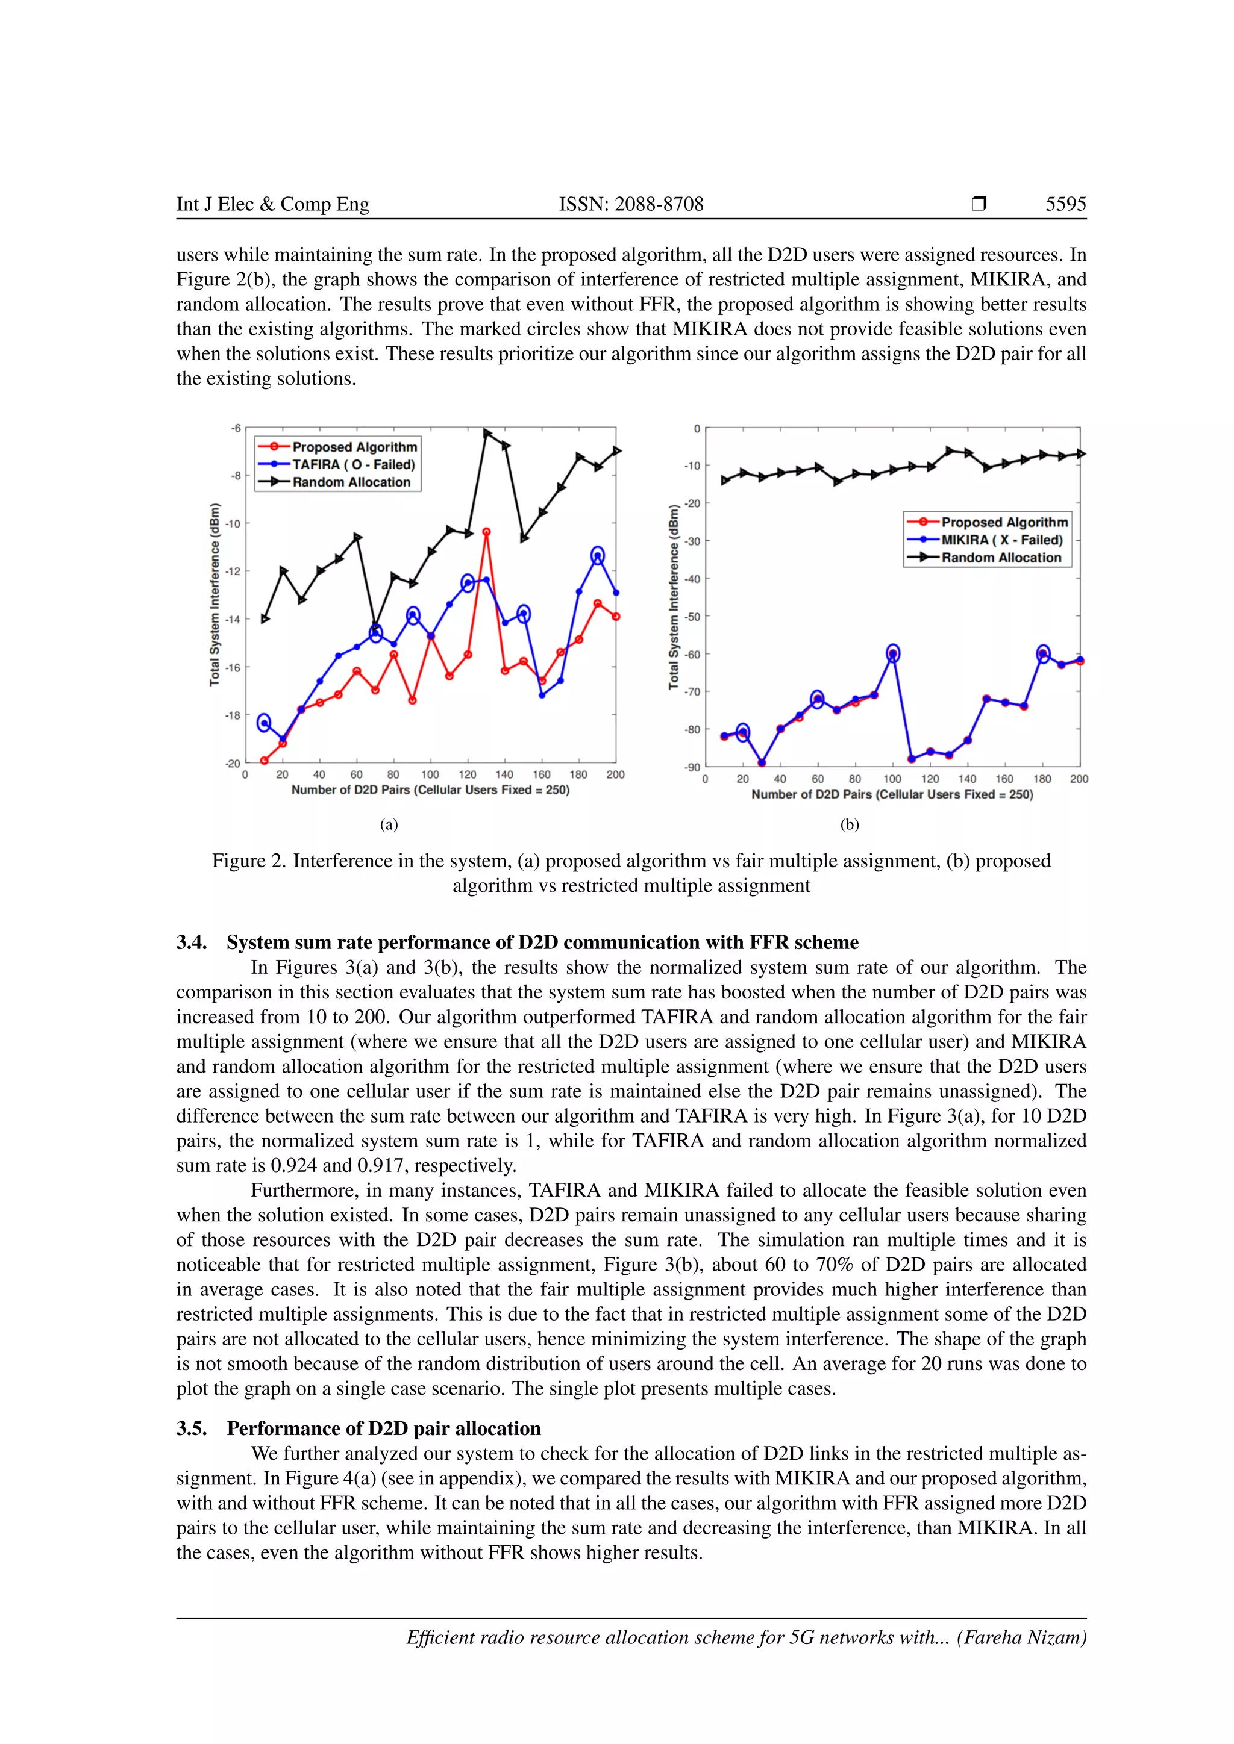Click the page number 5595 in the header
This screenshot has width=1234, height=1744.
[x=1065, y=204]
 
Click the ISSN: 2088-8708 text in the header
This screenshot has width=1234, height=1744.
[x=631, y=204]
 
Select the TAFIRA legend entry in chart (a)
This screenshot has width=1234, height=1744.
[x=353, y=464]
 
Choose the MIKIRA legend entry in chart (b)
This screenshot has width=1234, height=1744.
[x=1001, y=540]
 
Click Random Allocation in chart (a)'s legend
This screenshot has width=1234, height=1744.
[x=351, y=482]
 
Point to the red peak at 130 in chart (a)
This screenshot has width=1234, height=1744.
[x=486, y=532]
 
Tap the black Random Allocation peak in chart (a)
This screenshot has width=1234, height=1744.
[x=487, y=432]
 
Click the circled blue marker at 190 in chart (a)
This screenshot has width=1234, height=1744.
[x=597, y=556]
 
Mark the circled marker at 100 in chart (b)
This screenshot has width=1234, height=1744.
[x=893, y=652]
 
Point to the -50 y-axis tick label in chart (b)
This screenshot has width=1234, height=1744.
[x=692, y=617]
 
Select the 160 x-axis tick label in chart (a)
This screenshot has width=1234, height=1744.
[x=541, y=775]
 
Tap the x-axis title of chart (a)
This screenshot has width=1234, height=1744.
[x=430, y=790]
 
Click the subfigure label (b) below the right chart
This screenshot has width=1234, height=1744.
[x=850, y=825]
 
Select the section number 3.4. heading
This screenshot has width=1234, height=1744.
[x=192, y=942]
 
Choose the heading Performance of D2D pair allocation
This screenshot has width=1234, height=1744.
[x=384, y=1429]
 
